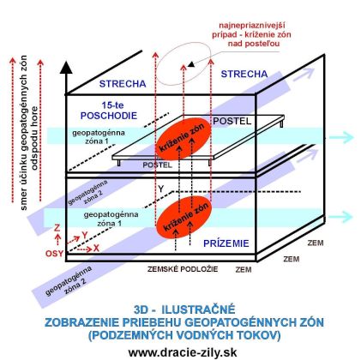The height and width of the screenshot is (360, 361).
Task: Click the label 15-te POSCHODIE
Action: click(109, 111)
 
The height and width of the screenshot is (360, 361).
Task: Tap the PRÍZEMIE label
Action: click(226, 243)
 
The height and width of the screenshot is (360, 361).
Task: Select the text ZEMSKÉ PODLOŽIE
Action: click(183, 269)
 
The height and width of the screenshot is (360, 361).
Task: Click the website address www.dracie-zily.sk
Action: click(183, 352)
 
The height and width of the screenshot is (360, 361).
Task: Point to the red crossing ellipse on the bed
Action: click(183, 137)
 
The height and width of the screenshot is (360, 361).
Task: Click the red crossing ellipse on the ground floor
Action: click(184, 217)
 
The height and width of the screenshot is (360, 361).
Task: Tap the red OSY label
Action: click(54, 254)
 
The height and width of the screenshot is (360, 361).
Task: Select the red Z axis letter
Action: click(57, 228)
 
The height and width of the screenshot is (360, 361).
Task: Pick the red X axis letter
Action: click(96, 248)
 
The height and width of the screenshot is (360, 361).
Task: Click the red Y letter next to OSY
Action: click(85, 235)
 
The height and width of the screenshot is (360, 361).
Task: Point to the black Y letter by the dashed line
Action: click(161, 189)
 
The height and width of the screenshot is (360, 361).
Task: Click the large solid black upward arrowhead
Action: click(66, 68)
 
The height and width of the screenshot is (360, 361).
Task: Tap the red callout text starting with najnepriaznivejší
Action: click(251, 34)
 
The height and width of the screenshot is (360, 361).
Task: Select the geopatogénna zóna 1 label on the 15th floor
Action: click(99, 137)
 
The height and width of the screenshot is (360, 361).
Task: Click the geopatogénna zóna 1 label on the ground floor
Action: click(111, 219)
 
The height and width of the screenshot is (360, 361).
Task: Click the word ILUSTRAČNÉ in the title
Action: click(198, 309)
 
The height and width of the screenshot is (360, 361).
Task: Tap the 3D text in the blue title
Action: click(141, 309)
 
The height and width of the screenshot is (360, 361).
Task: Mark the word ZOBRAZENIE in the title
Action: click(81, 322)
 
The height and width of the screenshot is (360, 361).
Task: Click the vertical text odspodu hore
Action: click(34, 138)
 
